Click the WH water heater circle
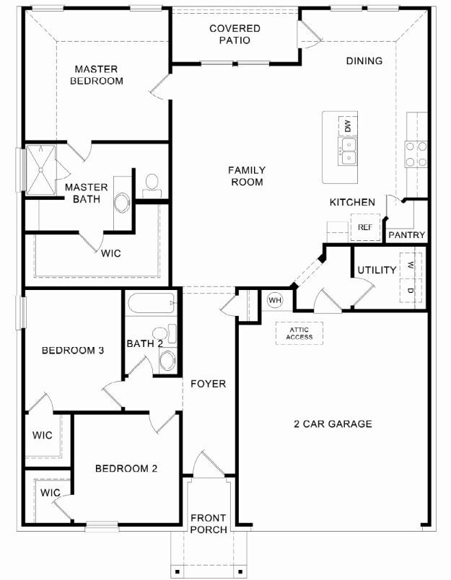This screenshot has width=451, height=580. [274, 299]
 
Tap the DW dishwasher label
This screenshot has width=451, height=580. [348, 126]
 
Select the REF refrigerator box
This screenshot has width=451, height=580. [365, 227]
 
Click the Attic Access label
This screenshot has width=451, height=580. [299, 333]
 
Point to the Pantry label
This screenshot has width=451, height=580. [406, 235]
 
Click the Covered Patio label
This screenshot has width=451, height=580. [235, 34]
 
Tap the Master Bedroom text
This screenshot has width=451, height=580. [97, 75]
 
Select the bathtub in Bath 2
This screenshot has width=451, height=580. [151, 303]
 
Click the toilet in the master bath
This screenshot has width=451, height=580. [152, 185]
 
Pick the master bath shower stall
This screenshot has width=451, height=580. [40, 170]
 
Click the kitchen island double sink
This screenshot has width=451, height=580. [348, 151]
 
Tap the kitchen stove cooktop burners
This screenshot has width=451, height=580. [416, 154]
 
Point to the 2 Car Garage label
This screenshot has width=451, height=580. [333, 424]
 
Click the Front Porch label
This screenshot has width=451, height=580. [209, 524]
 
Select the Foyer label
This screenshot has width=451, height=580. [209, 384]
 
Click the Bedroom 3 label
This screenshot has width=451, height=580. [72, 351]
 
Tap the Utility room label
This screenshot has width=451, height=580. [377, 270]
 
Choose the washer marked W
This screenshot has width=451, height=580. [411, 265]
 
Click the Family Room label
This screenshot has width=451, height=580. [247, 176]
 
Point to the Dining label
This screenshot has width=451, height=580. [364, 61]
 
